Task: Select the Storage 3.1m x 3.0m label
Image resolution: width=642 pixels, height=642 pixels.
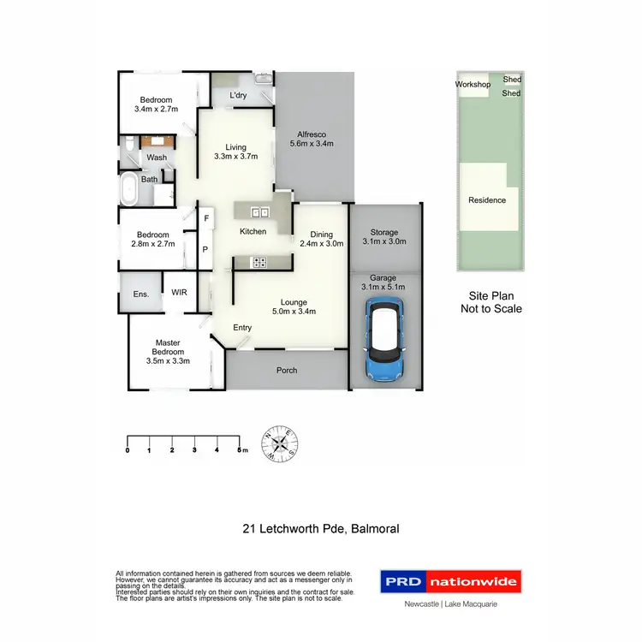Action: coord(384,237)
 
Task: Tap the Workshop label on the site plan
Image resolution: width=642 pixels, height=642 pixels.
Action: coord(473,85)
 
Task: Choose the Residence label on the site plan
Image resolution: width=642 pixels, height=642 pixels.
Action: coord(487,200)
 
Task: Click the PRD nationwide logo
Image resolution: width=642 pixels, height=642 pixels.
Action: coord(450,582)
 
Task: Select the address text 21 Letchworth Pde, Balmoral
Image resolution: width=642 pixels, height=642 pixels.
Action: coord(320,529)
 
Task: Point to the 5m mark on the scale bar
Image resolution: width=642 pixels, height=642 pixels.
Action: coord(242,449)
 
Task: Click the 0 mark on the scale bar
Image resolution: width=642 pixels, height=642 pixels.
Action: coord(128,449)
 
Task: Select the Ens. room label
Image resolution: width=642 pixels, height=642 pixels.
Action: coord(141,294)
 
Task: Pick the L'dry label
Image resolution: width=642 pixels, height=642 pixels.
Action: coord(238,95)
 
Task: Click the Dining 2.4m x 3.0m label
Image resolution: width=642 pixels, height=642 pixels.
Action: coord(321,239)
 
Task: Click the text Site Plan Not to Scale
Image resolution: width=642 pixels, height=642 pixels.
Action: coord(491,302)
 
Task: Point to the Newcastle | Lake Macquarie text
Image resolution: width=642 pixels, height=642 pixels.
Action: coord(450,604)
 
